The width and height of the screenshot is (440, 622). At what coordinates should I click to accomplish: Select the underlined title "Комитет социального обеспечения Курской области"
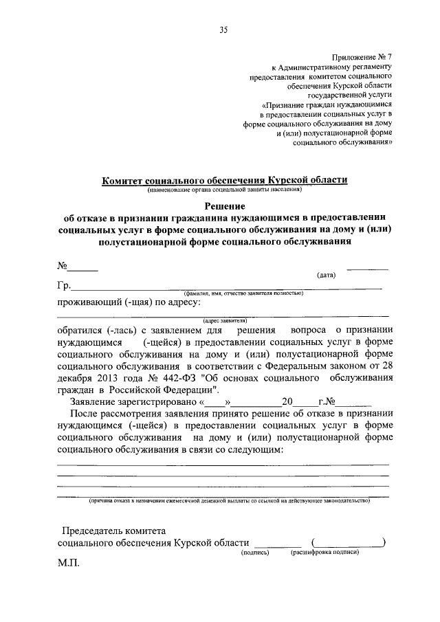[x=225, y=179]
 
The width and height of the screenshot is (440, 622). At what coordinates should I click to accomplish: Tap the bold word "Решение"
[x=225, y=204]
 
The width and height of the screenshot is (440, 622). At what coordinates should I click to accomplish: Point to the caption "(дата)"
[x=326, y=276]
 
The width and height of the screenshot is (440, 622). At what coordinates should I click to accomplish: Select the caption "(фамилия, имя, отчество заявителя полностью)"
[x=243, y=293]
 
